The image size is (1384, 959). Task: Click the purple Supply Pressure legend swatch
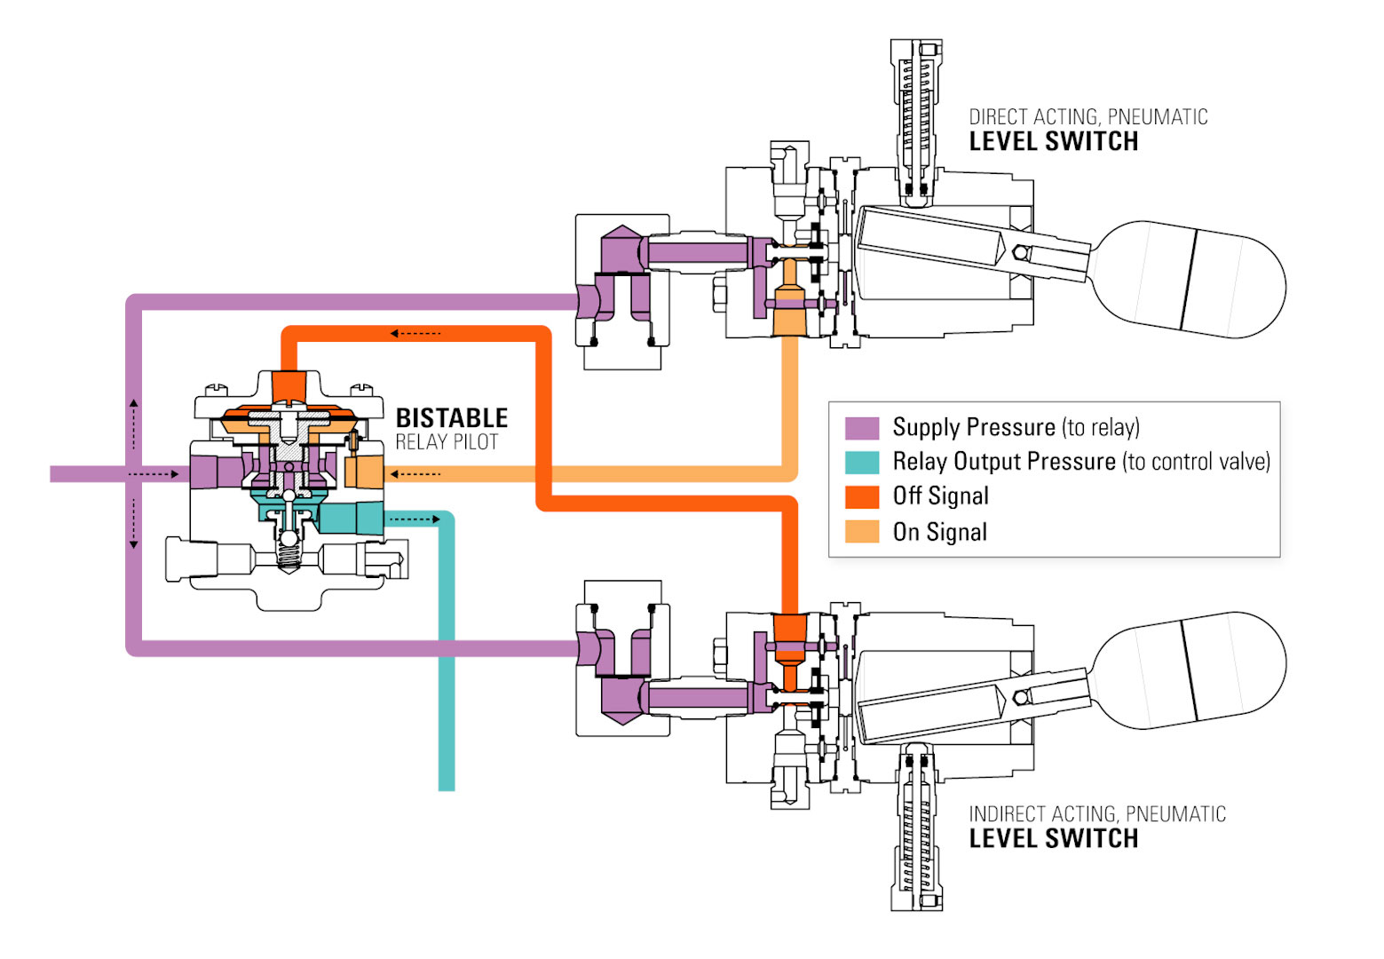coord(861,428)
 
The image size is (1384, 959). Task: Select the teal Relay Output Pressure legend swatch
coord(861,462)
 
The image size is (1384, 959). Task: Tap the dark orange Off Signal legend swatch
coord(861,496)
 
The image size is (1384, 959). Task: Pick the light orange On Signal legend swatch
coord(861,531)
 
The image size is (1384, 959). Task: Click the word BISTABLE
coord(451,418)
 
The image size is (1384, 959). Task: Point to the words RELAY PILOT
coord(447,442)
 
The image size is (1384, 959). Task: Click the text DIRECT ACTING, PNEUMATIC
coord(1087,117)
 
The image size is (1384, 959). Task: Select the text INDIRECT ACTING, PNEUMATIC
coord(1096,814)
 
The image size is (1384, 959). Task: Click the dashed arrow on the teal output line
coord(414,519)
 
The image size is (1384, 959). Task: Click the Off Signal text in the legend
coord(940,496)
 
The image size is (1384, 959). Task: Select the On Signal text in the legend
coord(939,532)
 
